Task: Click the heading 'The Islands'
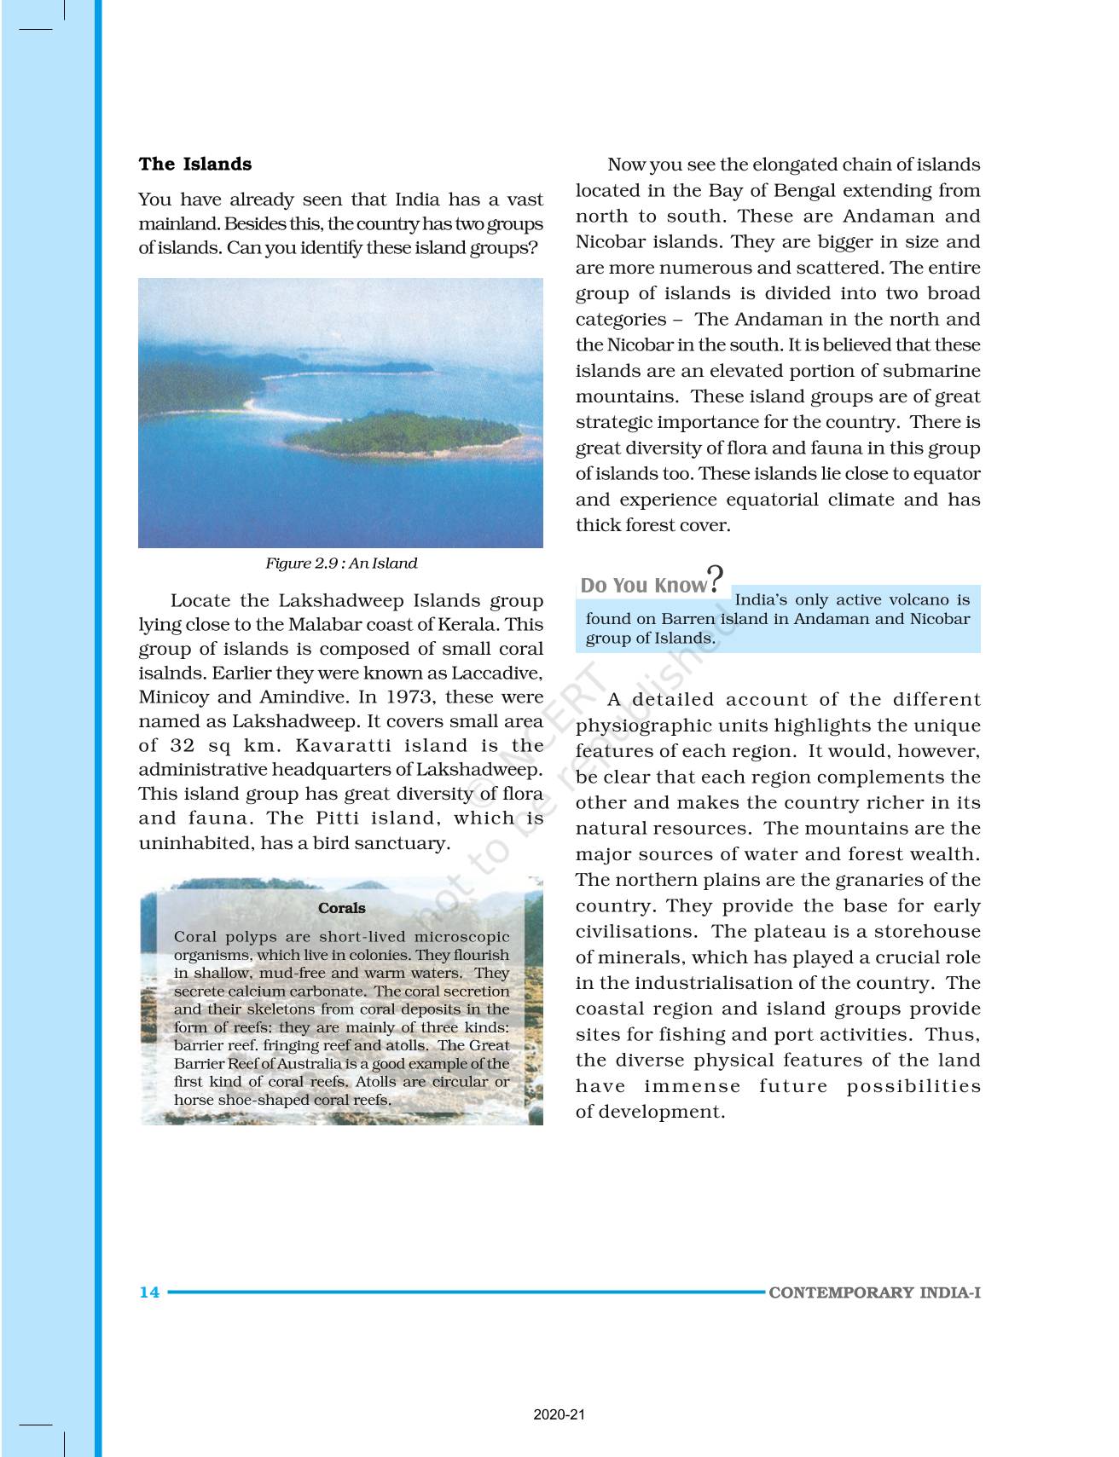point(195,165)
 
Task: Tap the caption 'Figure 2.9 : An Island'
point(341,564)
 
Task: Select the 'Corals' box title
point(341,909)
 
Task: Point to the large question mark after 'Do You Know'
point(716,579)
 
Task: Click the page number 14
point(149,1292)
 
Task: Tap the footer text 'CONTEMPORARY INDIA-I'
point(874,1292)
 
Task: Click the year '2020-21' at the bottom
point(559,1415)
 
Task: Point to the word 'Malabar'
point(320,625)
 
